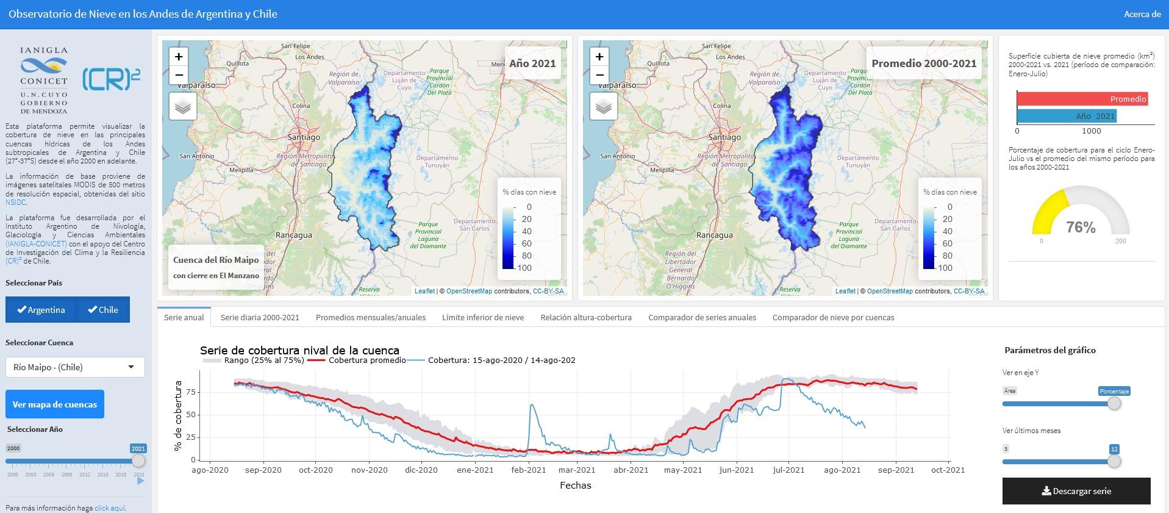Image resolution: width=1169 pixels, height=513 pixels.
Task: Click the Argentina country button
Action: point(41,310)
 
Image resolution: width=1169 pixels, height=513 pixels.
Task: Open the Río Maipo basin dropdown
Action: point(75,367)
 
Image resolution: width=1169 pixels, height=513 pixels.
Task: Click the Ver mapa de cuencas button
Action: point(55,404)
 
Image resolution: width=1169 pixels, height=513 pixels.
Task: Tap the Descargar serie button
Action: point(1076,491)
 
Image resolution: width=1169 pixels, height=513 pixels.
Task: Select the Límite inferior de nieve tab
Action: point(482,317)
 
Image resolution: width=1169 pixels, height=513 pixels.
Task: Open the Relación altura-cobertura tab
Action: point(585,317)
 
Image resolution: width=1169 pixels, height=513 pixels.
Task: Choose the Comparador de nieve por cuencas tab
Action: point(833,317)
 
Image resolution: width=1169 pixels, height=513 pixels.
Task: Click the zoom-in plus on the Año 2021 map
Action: point(179,57)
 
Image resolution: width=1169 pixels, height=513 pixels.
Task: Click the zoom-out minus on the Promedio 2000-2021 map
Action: point(599,75)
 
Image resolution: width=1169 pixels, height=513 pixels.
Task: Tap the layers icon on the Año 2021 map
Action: point(183,107)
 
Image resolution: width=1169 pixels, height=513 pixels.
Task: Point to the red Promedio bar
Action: point(1082,99)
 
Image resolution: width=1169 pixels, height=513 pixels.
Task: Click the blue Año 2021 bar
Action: point(1066,116)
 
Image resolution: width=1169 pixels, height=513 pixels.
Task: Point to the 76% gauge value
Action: point(1081,228)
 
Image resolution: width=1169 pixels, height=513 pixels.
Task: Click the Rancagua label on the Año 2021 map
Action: point(294,235)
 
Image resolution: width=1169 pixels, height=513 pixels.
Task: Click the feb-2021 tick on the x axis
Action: point(529,470)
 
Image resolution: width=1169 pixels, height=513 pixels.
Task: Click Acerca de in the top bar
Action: point(1142,14)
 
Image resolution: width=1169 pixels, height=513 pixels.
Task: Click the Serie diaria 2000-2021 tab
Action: point(260,317)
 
